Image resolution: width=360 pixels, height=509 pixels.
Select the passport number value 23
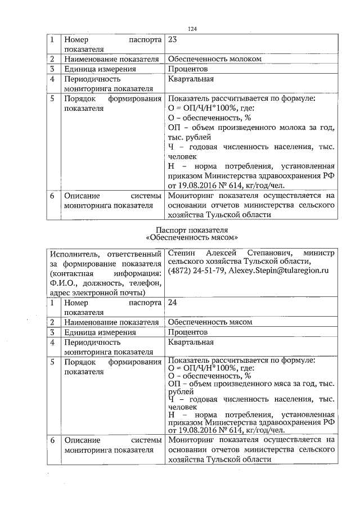click(173, 40)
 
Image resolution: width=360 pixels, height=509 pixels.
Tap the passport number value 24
click(173, 303)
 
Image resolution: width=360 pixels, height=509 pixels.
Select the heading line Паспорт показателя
click(193, 229)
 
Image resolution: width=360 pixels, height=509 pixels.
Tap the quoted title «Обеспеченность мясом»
click(193, 238)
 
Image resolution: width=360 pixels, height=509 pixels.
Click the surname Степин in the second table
click(183, 253)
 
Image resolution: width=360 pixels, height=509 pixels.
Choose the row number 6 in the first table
click(52, 196)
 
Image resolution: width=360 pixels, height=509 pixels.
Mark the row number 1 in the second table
click(52, 303)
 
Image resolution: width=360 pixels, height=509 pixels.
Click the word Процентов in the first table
click(187, 69)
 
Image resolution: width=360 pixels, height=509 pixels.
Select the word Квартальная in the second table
click(191, 342)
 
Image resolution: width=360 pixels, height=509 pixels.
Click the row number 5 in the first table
click(52, 98)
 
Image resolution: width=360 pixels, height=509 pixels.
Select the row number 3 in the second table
click(52, 332)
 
